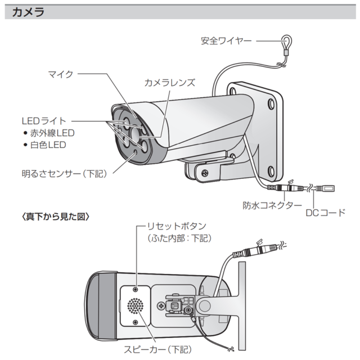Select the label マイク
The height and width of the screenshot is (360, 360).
61,74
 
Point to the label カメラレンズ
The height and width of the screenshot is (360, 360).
169,82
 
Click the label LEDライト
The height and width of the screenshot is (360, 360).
44,120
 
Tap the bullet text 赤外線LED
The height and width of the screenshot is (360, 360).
52,133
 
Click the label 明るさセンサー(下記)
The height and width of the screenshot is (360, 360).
62,174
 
